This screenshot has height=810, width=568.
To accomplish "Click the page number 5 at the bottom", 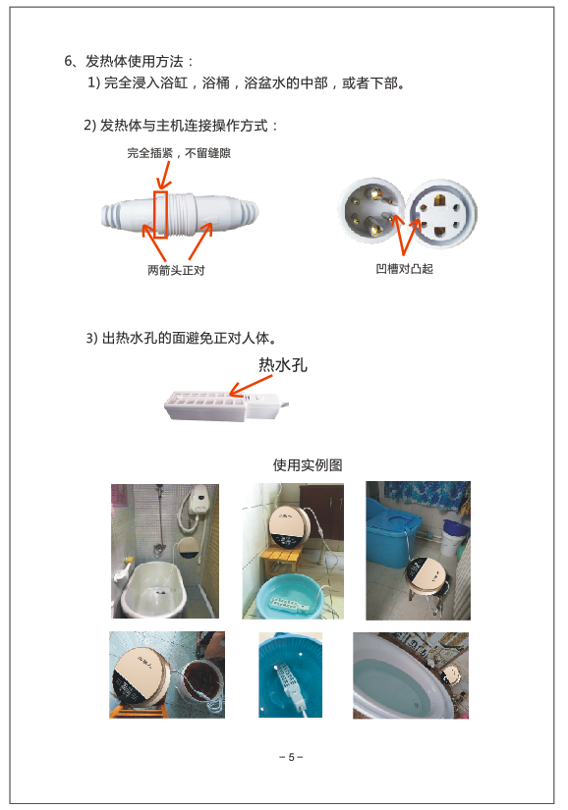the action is tap(291, 757).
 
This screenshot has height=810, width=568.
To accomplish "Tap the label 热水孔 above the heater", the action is tap(283, 365).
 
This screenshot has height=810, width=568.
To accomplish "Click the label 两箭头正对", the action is tap(176, 270).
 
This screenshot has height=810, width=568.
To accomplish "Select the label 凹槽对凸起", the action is tap(404, 269).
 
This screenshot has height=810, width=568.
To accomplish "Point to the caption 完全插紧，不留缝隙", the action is tap(179, 153).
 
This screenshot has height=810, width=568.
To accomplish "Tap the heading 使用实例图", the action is tap(308, 465).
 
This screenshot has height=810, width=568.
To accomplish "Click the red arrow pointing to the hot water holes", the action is tap(251, 386).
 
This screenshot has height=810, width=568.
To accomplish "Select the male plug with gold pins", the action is tap(370, 210).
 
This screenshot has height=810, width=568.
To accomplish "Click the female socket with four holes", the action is tap(441, 213).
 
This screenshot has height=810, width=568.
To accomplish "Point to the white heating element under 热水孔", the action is tap(226, 405).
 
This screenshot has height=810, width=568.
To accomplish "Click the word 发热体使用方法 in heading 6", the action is tap(134, 62).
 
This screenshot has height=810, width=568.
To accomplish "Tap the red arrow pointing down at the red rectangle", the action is tap(165, 176).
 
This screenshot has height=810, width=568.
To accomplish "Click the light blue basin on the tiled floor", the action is tap(291, 597).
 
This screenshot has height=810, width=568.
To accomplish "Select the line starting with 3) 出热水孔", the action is tap(181, 338).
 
